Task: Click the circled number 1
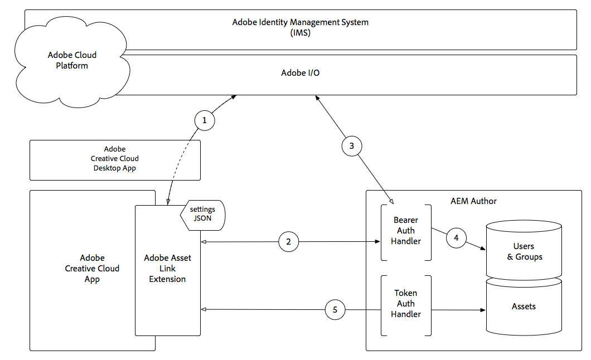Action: pos(205,120)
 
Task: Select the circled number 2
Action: pos(288,242)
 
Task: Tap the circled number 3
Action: pos(351,147)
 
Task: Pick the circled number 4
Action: pos(456,238)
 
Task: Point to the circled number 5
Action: pos(335,310)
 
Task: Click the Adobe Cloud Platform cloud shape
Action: pos(72,60)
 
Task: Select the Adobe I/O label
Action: pos(300,73)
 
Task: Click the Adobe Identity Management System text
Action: pos(300,22)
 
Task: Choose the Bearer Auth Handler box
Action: pos(405,231)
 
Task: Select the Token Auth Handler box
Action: pos(405,304)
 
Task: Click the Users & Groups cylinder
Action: pos(524,251)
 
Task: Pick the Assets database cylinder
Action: pos(524,307)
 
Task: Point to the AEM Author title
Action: pos(473,201)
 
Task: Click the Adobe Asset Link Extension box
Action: pos(167,268)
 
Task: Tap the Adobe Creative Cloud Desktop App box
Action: pos(115,159)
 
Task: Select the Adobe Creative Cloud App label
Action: pos(92,268)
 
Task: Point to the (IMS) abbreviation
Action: pos(300,32)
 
